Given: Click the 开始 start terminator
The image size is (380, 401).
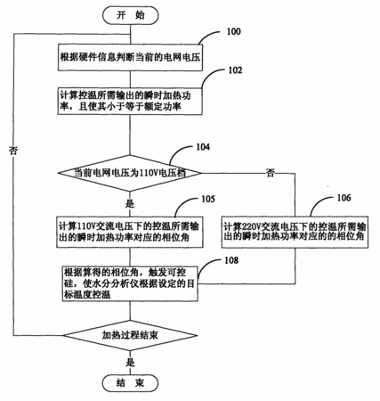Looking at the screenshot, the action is pyautogui.click(x=131, y=15).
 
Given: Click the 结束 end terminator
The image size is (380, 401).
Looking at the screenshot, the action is pyautogui.click(x=130, y=383).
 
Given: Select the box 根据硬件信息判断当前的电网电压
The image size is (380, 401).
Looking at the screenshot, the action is pyautogui.click(x=130, y=58).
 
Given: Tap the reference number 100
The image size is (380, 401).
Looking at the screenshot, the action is pyautogui.click(x=233, y=31).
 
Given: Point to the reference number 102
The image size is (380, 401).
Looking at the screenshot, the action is pyautogui.click(x=235, y=70).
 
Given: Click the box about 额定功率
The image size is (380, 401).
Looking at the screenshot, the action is pyautogui.click(x=130, y=101).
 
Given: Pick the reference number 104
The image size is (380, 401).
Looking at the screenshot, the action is pyautogui.click(x=203, y=147).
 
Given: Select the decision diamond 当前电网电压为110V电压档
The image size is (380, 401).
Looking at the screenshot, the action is pyautogui.click(x=130, y=173).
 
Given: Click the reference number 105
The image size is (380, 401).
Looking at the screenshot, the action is pyautogui.click(x=208, y=199).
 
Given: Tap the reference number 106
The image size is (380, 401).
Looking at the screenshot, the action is pyautogui.click(x=344, y=198).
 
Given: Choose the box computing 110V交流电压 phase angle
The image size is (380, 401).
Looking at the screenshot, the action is pyautogui.click(x=130, y=233).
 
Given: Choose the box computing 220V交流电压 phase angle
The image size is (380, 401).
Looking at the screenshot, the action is pyautogui.click(x=295, y=233).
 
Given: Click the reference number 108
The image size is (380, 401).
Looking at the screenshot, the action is pyautogui.click(x=231, y=260).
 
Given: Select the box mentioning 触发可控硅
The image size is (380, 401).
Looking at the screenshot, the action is pyautogui.click(x=130, y=283).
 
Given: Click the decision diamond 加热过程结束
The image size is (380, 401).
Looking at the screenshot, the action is pyautogui.click(x=130, y=336).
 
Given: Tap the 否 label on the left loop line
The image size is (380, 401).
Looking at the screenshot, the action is pyautogui.click(x=13, y=151).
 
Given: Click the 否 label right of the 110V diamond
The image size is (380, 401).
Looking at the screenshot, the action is pyautogui.click(x=270, y=173).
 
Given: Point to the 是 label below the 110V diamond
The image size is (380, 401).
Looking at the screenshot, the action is pyautogui.click(x=130, y=204).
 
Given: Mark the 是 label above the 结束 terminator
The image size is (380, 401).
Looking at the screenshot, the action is pyautogui.click(x=130, y=363).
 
